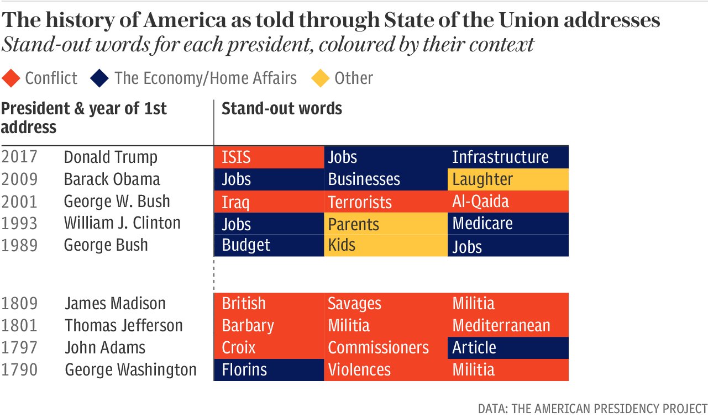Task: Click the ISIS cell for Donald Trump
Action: tap(269, 157)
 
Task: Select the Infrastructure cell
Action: tap(507, 157)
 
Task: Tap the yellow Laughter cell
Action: tap(507, 179)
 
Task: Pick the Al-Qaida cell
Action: tap(507, 202)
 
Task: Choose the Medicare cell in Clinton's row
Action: tap(507, 224)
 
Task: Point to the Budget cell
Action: tap(269, 245)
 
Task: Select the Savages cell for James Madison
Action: tap(385, 304)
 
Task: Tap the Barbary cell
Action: tap(269, 326)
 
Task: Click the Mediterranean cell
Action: tap(507, 326)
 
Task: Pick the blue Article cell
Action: tap(507, 348)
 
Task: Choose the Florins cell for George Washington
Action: tap(269, 369)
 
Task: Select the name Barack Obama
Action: tap(112, 179)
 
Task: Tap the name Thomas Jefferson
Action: tap(124, 326)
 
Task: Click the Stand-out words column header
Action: tap(282, 109)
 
